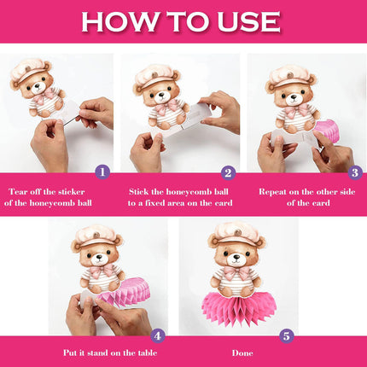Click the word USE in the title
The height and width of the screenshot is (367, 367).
click(x=248, y=21)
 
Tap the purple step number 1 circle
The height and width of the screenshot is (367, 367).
click(x=102, y=172)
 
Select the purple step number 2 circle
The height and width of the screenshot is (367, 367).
click(x=228, y=172)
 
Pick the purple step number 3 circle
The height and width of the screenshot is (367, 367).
click(x=355, y=172)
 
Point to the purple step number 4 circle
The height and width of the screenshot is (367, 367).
click(x=158, y=335)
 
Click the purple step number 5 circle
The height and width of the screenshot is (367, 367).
click(x=286, y=335)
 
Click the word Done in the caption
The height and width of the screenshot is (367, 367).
click(x=242, y=353)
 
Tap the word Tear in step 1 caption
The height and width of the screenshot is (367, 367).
click(x=18, y=191)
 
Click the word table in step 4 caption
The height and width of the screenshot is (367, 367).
click(x=148, y=353)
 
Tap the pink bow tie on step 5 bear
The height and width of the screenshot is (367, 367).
click(x=236, y=272)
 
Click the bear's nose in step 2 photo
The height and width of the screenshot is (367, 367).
click(x=161, y=94)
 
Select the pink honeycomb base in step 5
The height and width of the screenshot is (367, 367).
click(x=239, y=310)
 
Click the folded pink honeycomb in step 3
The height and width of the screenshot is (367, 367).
click(x=328, y=131)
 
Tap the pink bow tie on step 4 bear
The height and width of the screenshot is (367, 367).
click(x=102, y=271)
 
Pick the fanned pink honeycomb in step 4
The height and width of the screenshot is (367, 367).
click(x=125, y=292)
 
